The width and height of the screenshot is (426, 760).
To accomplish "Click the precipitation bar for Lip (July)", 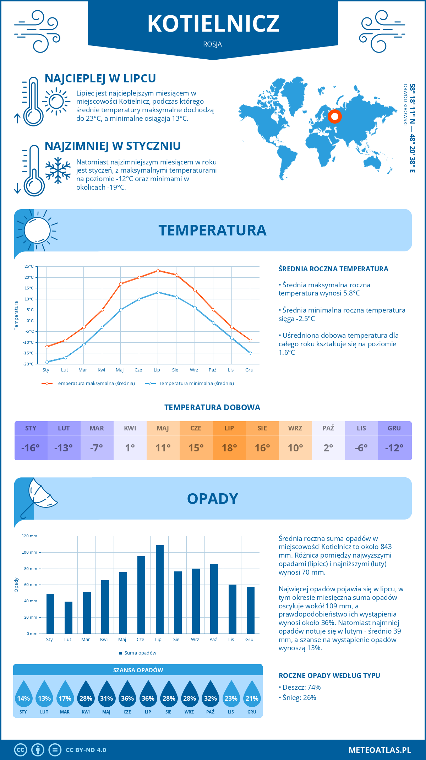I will (160, 590).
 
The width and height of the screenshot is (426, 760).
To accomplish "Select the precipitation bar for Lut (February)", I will (69, 618).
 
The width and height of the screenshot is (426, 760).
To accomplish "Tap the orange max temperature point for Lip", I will (158, 271).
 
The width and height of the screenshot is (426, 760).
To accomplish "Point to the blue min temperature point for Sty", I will (47, 362).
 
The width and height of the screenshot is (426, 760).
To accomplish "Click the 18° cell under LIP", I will (229, 448).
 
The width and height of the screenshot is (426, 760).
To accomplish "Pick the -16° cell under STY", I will (31, 448).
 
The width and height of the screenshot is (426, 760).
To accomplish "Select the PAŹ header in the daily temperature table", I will (328, 428).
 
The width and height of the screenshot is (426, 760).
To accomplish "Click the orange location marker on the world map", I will (334, 116).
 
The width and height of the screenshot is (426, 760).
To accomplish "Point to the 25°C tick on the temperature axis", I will (29, 266).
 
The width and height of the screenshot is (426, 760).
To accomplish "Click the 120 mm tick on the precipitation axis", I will (29, 536).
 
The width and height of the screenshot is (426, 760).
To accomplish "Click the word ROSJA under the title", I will (213, 44).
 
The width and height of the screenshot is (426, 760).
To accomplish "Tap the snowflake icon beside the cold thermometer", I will (58, 170).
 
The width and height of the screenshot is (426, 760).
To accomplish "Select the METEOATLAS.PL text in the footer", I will (380, 750).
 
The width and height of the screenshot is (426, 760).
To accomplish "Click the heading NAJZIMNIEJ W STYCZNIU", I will (113, 146).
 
